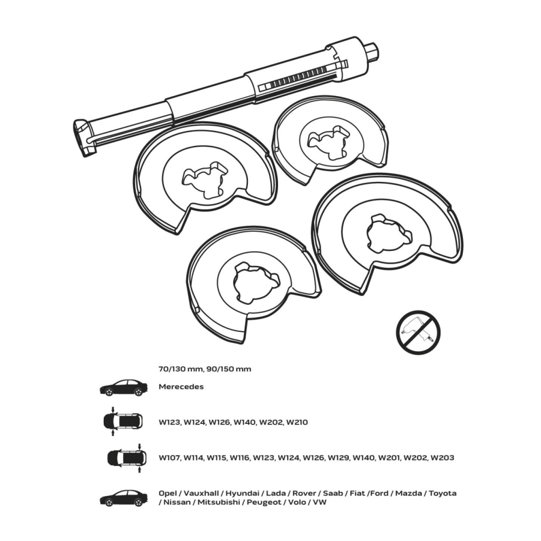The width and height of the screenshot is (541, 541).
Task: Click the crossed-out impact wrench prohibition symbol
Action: tap(418, 332)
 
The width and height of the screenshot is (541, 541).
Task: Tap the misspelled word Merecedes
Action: tap(181, 387)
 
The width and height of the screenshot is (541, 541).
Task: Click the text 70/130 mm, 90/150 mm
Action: tap(205, 369)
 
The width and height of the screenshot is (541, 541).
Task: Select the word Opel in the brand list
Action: tap(168, 494)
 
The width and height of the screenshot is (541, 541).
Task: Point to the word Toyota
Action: tap(443, 493)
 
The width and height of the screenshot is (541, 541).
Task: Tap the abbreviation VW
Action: tap(320, 502)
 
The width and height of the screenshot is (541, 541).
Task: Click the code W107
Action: tap(170, 458)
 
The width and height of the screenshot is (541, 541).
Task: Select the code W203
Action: tap(443, 458)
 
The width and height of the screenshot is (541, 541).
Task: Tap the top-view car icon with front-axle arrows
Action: tap(123, 421)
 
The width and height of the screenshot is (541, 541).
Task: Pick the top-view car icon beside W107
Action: tap(127, 458)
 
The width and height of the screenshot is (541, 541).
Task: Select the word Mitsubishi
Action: tap(219, 502)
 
